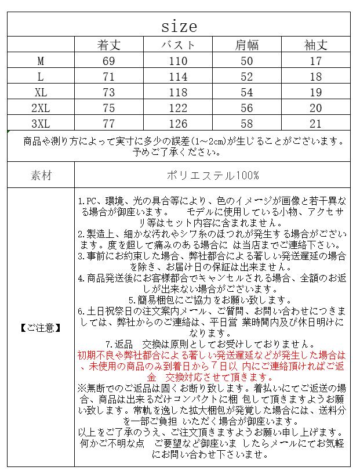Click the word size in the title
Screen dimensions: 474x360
tap(179, 26)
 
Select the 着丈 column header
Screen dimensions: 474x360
tap(108, 45)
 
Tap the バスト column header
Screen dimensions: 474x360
tap(178, 45)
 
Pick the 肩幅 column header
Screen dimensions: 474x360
tap(247, 45)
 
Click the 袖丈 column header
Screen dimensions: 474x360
tap(316, 45)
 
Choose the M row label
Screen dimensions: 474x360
tap(41, 61)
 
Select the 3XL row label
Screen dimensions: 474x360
tap(41, 124)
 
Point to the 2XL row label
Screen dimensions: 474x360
tap(41, 108)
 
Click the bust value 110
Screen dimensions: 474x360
tap(178, 61)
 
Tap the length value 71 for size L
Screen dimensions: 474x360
tap(108, 77)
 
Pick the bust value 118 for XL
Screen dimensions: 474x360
tap(178, 92)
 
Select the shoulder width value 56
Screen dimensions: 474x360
tap(247, 108)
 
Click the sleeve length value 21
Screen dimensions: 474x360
tap(316, 124)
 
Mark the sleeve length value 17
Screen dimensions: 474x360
tap(316, 61)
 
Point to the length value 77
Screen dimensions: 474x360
tap(108, 124)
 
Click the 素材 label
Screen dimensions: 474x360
tap(41, 175)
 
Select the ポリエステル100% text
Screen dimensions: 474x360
tap(213, 175)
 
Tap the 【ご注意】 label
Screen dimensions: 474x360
tap(41, 328)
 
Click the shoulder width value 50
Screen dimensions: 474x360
tap(247, 61)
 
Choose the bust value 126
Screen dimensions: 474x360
tap(178, 124)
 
